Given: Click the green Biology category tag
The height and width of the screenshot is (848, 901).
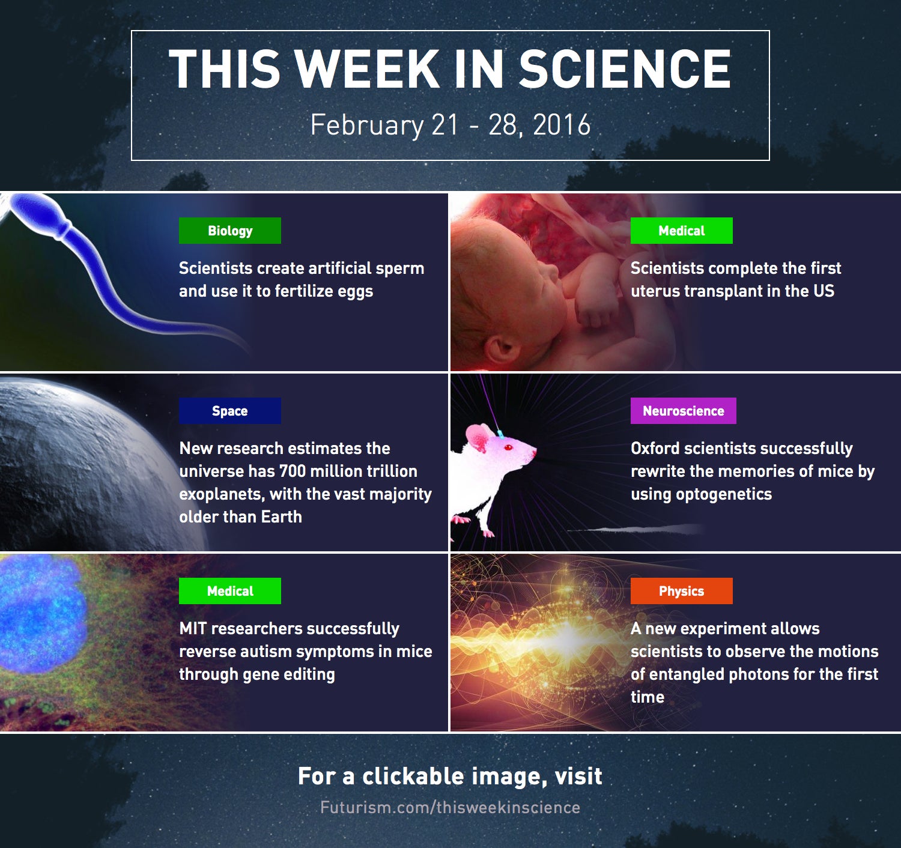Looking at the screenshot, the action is coord(230,231).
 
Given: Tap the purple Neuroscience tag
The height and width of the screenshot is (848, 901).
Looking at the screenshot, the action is coord(683,411).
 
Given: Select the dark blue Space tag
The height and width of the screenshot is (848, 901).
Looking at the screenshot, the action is coord(230,411).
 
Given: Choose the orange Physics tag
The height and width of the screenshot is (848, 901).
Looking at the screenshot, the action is coord(681,591).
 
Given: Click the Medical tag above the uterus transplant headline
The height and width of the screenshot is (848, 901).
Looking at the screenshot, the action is coord(681,231).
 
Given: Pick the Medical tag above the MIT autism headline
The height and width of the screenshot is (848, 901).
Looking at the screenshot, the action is coord(230,591).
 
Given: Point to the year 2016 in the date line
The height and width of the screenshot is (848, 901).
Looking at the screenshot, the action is coord(562,125).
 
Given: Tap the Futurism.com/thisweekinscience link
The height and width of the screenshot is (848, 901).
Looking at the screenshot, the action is coord(450,808).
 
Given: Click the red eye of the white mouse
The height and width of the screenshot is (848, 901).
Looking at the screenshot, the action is coord(508,447).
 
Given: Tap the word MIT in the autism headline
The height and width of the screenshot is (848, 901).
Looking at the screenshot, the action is coord(193,628).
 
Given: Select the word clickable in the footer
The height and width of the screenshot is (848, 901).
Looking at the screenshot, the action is coord(413,776).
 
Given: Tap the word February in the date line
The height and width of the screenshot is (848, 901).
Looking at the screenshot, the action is coord(367,126).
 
